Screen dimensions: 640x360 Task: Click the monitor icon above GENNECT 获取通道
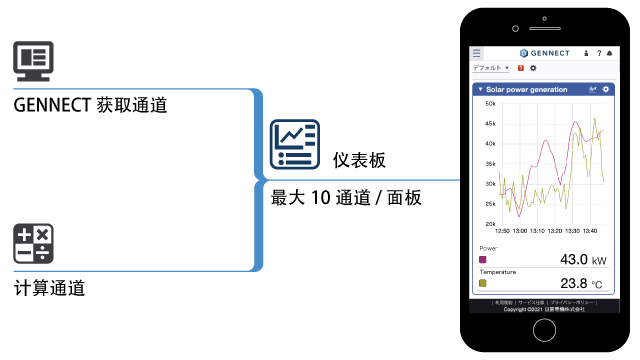tap(33, 59)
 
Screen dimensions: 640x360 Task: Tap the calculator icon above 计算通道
tap(33, 243)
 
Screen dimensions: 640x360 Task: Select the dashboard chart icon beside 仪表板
tap(294, 144)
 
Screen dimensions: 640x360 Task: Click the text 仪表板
tap(360, 161)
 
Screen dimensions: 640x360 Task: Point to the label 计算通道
tap(50, 288)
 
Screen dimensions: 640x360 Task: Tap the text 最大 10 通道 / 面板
tap(346, 197)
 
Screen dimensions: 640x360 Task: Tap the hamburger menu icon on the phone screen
tap(477, 52)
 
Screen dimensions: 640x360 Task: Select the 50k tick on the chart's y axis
tap(491, 103)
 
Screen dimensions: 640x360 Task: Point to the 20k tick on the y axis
tap(491, 224)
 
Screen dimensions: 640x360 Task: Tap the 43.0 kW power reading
tap(574, 260)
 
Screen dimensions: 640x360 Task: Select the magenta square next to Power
tap(483, 259)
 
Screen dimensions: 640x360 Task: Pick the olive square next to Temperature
tap(483, 283)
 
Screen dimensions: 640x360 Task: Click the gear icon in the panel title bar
tap(606, 89)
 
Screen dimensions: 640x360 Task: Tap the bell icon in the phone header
tap(610, 52)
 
